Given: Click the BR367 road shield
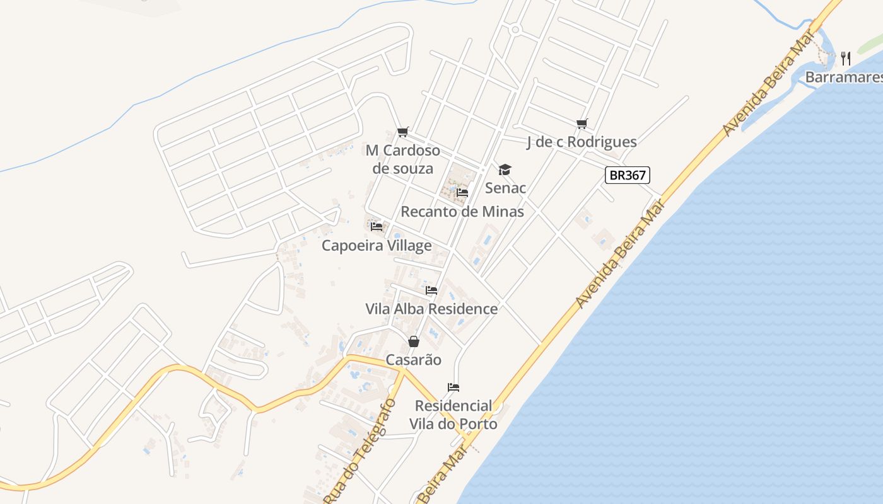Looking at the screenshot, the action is tap(628, 175).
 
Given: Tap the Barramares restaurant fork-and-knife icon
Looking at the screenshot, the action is tap(846, 59).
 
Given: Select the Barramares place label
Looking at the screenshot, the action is tap(844, 77).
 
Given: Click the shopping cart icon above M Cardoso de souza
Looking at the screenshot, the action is tap(403, 132).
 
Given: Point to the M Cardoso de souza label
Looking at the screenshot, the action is tap(403, 159).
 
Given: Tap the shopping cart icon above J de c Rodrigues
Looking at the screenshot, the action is tap(582, 124).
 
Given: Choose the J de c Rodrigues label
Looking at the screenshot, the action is tap(582, 142).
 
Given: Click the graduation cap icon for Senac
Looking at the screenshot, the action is tap(505, 169).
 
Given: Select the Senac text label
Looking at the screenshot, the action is tap(505, 188).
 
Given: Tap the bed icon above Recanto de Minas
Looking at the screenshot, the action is tap(462, 193).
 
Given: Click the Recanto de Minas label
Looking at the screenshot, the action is tap(462, 211).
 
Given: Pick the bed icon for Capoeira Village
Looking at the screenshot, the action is tap(377, 226).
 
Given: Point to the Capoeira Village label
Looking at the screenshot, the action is tap(377, 245).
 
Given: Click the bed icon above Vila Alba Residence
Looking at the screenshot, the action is tap(431, 290).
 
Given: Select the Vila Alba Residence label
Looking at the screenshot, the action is tap(431, 309).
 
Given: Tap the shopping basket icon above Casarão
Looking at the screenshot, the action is tap(413, 341).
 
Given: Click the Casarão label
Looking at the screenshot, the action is tap(413, 360).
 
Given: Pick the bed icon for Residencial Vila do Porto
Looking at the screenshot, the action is tap(453, 387).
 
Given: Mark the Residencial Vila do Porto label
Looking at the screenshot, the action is tap(453, 415).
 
